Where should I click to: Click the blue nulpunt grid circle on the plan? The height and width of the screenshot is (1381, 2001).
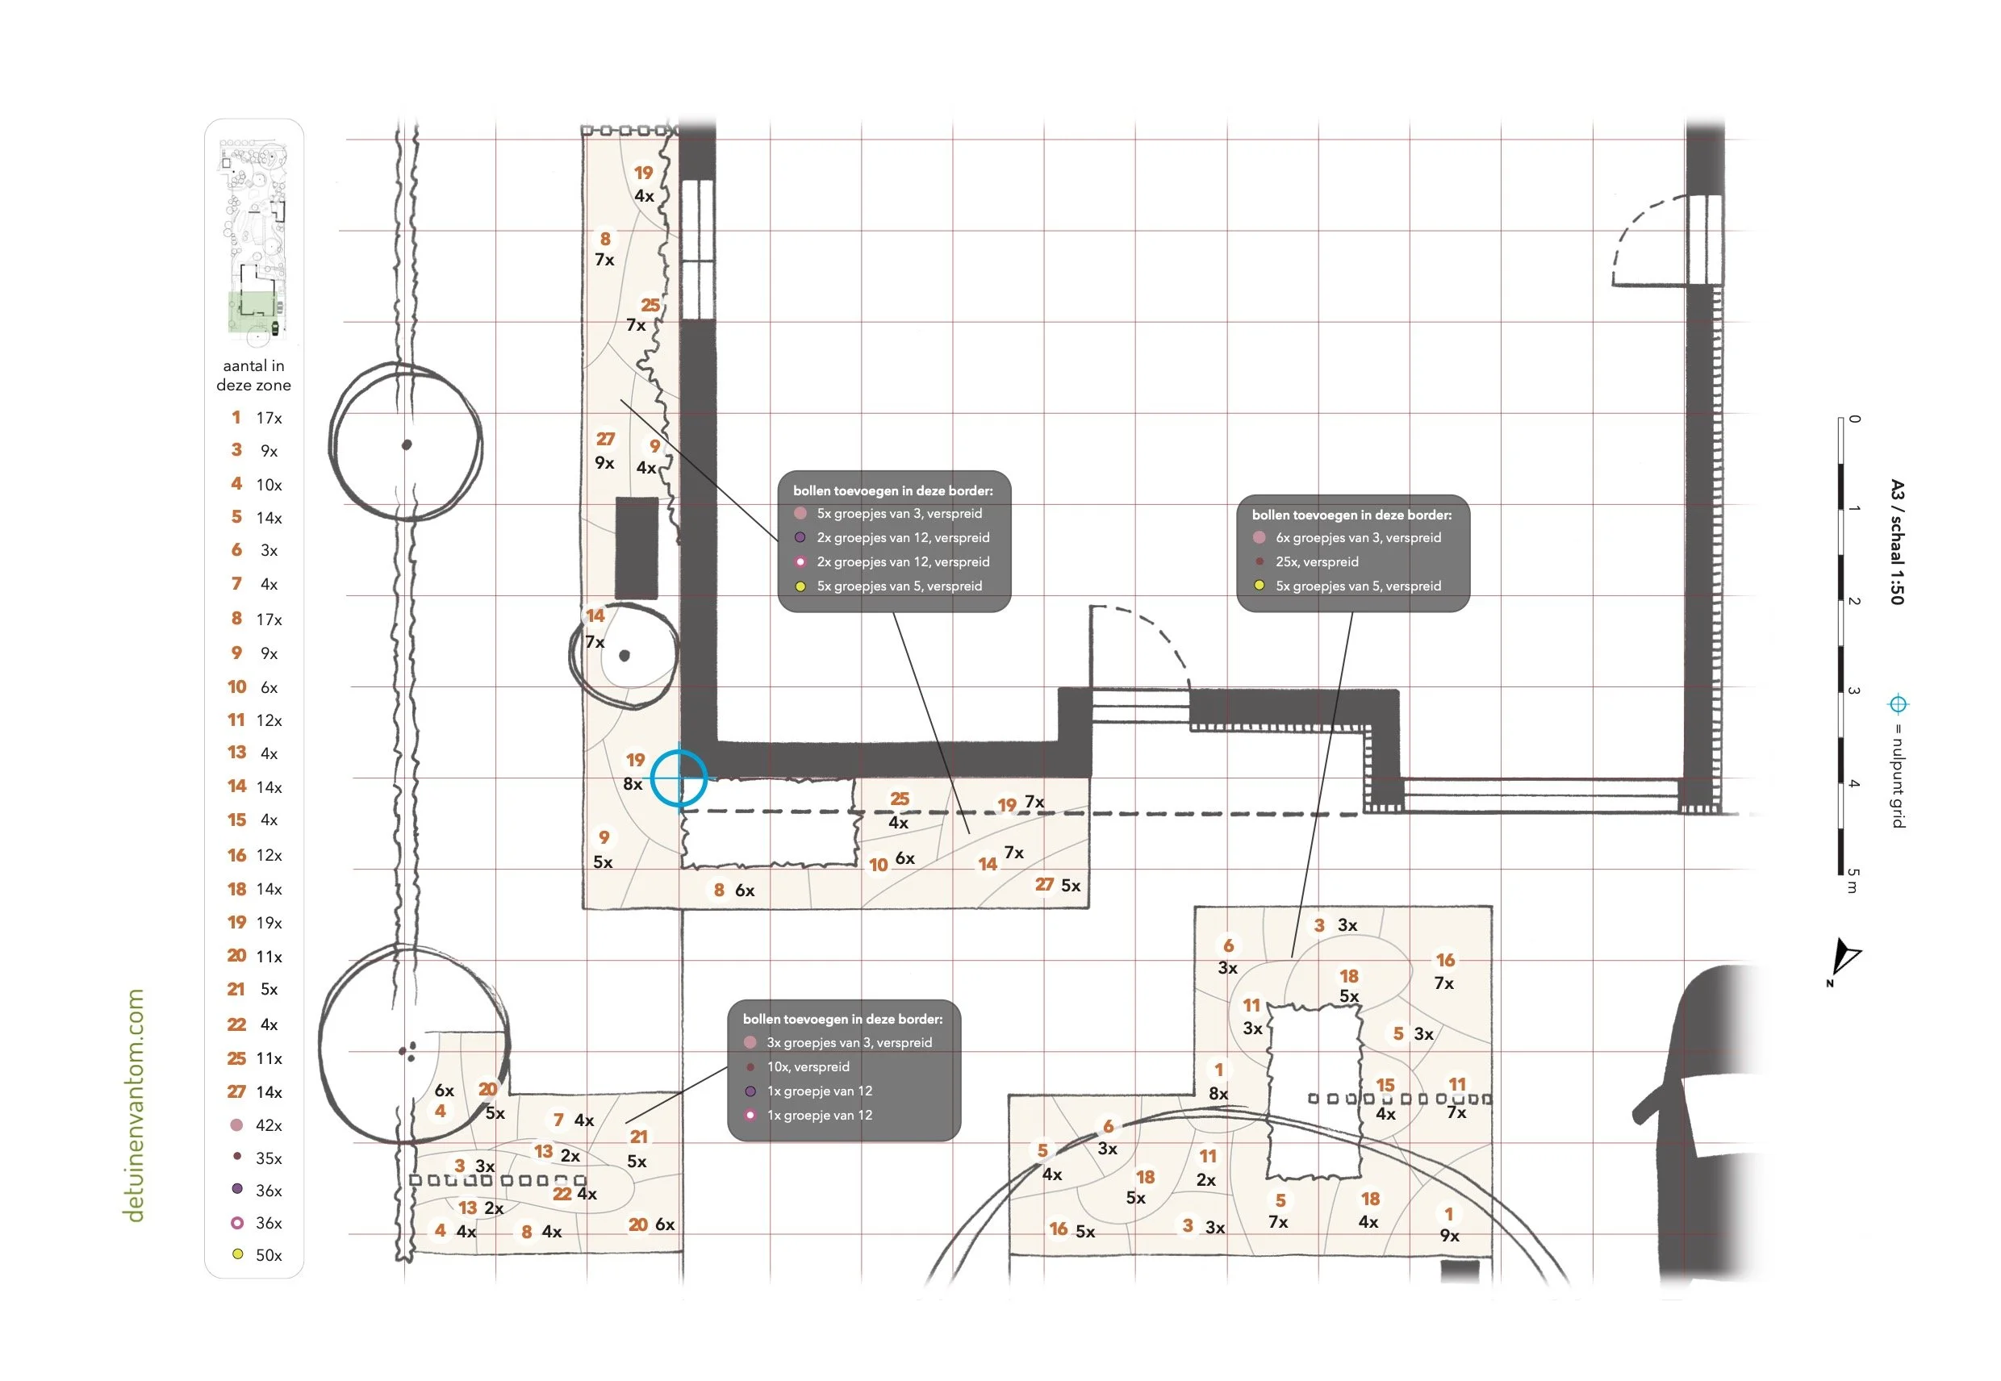[679, 778]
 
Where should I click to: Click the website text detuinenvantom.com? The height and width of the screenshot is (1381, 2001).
[134, 1105]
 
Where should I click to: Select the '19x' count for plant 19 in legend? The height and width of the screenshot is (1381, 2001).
[269, 922]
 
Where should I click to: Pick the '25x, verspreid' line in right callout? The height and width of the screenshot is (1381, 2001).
[1317, 561]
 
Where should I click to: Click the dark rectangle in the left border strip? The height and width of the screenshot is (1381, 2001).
[636, 548]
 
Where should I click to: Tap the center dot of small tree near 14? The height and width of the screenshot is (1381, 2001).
[624, 655]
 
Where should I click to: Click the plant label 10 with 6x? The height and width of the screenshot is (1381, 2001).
[879, 865]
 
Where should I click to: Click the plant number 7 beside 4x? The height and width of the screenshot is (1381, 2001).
[558, 1120]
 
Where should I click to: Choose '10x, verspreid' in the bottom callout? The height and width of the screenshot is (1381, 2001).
[808, 1066]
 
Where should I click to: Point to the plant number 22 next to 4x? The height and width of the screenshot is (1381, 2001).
[562, 1193]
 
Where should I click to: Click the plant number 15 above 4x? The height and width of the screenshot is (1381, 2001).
[1385, 1084]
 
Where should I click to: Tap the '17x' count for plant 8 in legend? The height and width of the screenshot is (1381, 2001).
[269, 619]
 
